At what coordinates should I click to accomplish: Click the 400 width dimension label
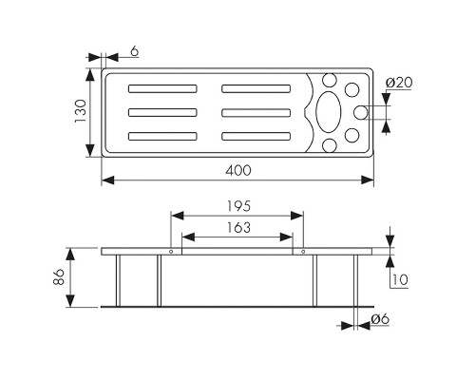coord(238,170)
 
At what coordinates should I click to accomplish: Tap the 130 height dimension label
coord(80,111)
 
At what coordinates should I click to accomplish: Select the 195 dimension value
coord(238,206)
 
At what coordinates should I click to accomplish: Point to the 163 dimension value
coord(238,227)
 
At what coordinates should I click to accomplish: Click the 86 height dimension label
coord(59,277)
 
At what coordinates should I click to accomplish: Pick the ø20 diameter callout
coord(399,83)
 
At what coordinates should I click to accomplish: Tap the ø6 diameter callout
coord(380,319)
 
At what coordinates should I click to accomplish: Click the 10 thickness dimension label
coord(400,280)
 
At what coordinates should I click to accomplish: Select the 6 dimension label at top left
coord(135,51)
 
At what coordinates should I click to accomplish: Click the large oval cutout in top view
coord(329,112)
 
